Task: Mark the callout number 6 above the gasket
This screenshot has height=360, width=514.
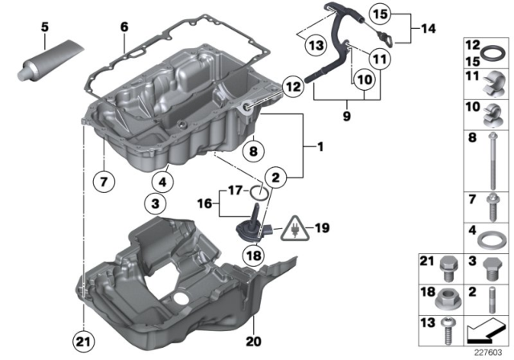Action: point(124,27)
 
